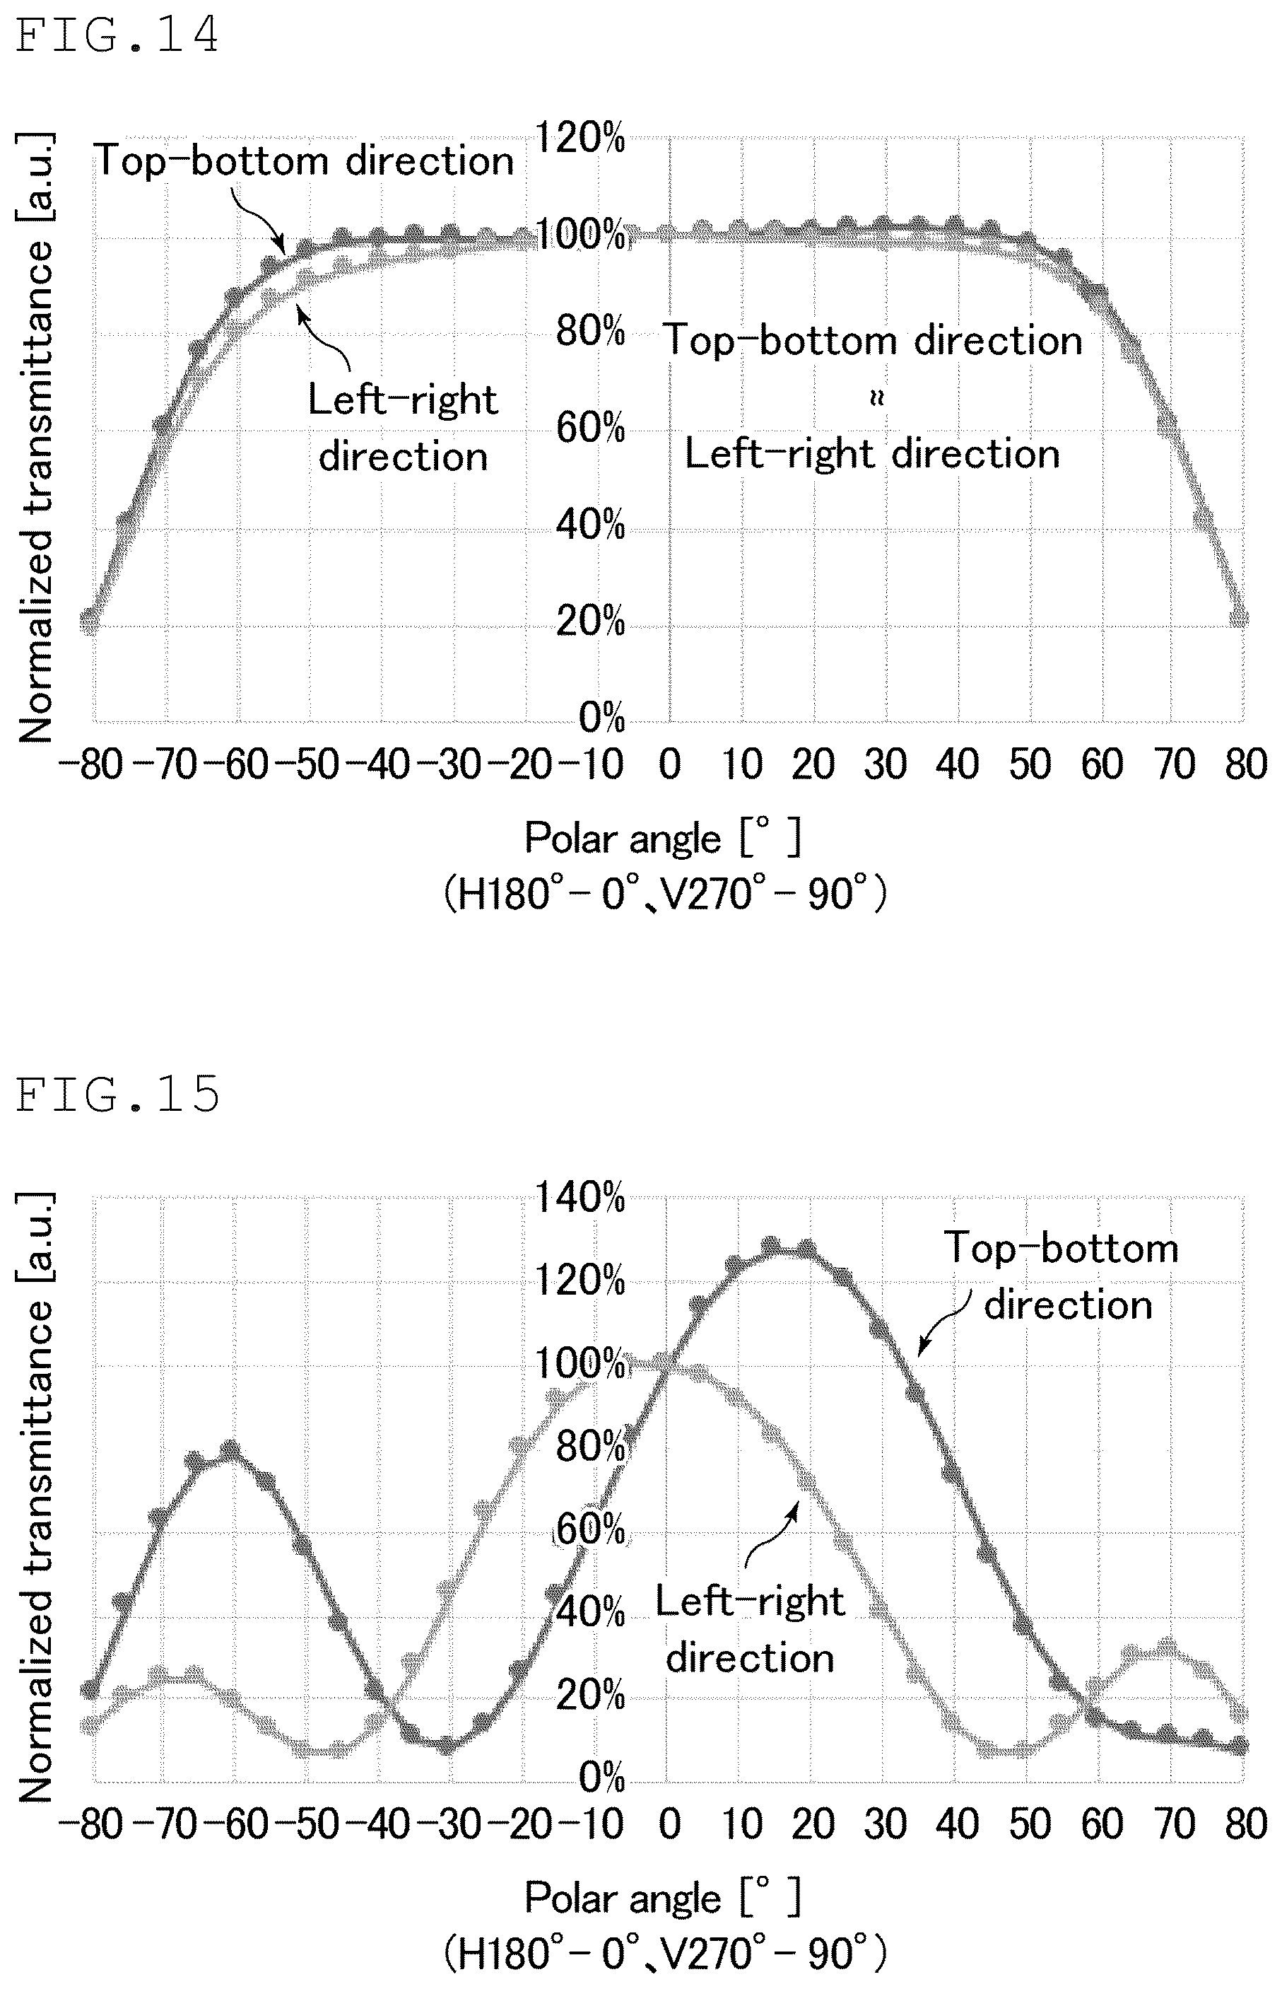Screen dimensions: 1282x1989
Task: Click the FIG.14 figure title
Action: (117, 36)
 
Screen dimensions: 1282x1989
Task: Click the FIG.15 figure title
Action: (117, 1095)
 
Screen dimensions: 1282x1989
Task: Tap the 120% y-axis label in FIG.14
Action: (580, 137)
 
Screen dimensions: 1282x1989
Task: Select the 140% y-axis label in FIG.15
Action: (580, 1198)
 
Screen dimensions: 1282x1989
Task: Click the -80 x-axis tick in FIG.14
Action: (92, 764)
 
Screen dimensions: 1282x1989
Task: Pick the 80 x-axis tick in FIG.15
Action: (1246, 1824)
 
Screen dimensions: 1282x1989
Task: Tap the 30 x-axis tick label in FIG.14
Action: (886, 764)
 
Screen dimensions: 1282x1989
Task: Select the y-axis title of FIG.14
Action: (35, 437)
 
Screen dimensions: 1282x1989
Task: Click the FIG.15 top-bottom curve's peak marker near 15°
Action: (771, 1244)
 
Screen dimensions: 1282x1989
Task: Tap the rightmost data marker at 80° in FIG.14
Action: (1240, 617)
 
